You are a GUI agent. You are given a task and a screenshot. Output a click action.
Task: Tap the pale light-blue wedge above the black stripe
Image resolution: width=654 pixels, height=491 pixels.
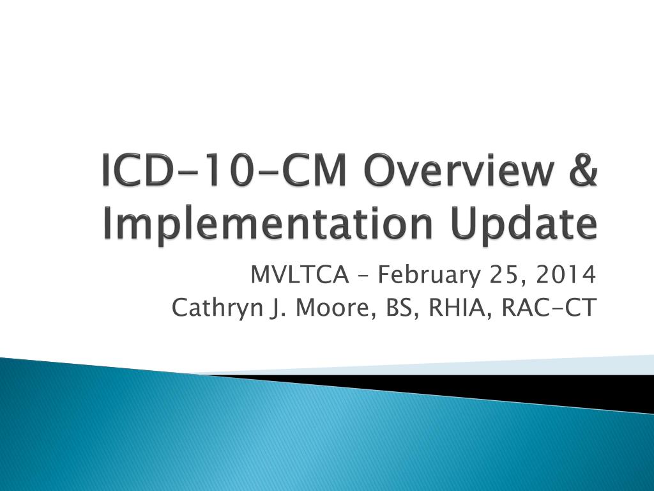tap(575, 365)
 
